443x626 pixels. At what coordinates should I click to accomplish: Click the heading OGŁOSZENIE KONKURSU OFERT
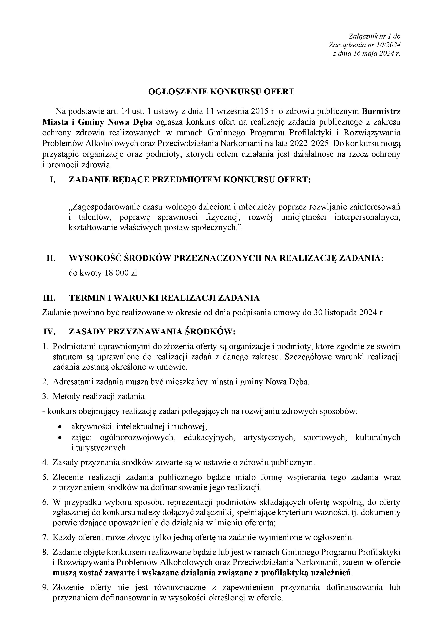pyautogui.click(x=221, y=92)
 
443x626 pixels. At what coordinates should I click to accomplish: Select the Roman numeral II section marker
pyautogui.click(x=51, y=258)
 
